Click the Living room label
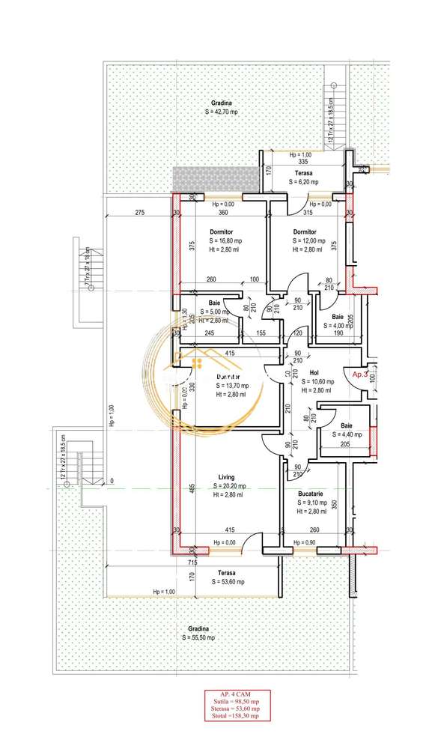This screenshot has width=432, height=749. coord(226,476)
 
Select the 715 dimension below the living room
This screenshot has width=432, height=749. coord(192,562)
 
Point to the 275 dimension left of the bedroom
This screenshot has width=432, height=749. coord(139,213)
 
